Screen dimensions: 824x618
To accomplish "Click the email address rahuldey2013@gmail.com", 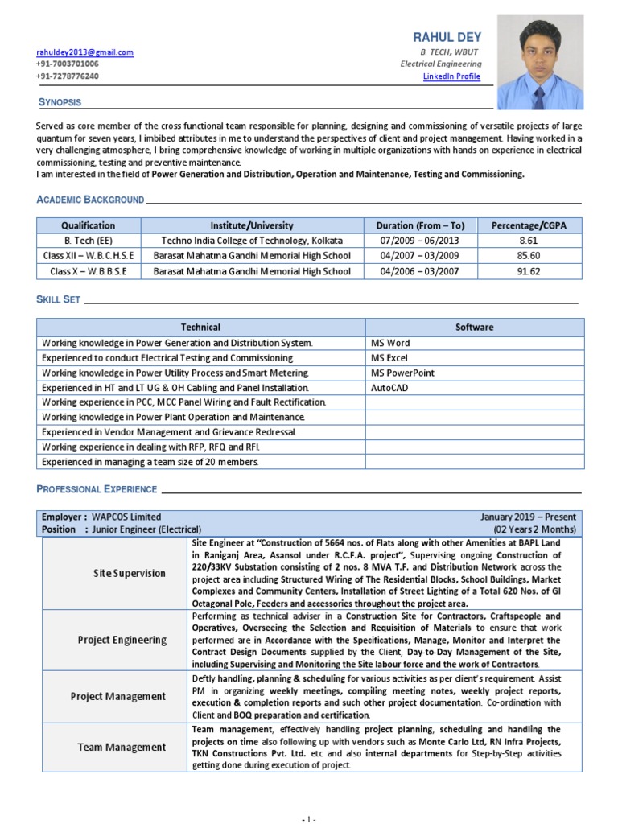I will coord(84,52).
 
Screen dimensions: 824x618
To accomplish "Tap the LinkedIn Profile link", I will coord(451,76).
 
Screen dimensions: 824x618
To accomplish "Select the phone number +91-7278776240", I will coord(68,76).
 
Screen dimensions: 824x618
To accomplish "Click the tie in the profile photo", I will coord(539,96).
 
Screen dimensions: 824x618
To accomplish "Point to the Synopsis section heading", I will coord(60,102).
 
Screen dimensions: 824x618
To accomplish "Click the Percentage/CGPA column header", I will coord(529,225).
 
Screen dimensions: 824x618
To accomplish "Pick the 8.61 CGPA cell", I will coord(529,241).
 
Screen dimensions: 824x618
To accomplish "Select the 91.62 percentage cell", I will coord(529,271).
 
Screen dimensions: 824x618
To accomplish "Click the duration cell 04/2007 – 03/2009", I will coord(421,256).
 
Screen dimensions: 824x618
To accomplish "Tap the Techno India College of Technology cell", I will coord(252,241).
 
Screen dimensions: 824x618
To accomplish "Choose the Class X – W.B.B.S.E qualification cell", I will coord(89,271).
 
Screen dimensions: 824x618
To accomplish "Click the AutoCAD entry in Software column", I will coord(389,387).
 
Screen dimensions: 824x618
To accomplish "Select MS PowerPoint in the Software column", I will coord(402,373).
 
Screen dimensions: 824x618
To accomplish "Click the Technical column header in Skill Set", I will coord(200,327).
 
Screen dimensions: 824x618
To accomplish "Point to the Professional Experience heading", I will coord(97,489).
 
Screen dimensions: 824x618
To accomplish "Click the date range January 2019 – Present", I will coord(528,517).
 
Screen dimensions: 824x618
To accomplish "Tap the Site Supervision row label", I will coord(130,573).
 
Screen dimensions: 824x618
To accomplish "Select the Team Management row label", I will coord(122,747).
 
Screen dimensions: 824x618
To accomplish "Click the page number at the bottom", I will coord(309,819).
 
